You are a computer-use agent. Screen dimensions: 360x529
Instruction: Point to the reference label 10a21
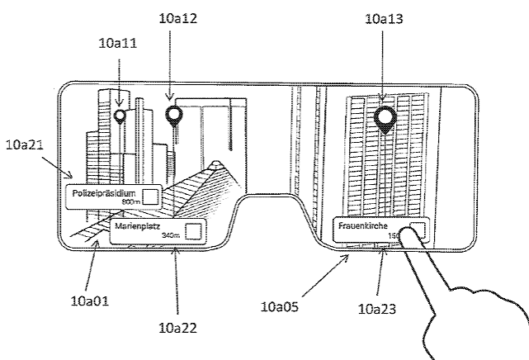coord(26,144)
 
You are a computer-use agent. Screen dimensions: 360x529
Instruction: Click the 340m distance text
coord(171,236)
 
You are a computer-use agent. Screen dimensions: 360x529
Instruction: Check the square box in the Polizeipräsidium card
coord(149,196)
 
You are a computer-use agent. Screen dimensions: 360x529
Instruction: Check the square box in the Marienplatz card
coord(193,232)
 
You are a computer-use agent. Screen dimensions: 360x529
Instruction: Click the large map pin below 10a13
coord(385,117)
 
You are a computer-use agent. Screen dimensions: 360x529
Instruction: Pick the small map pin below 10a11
coord(120,116)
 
